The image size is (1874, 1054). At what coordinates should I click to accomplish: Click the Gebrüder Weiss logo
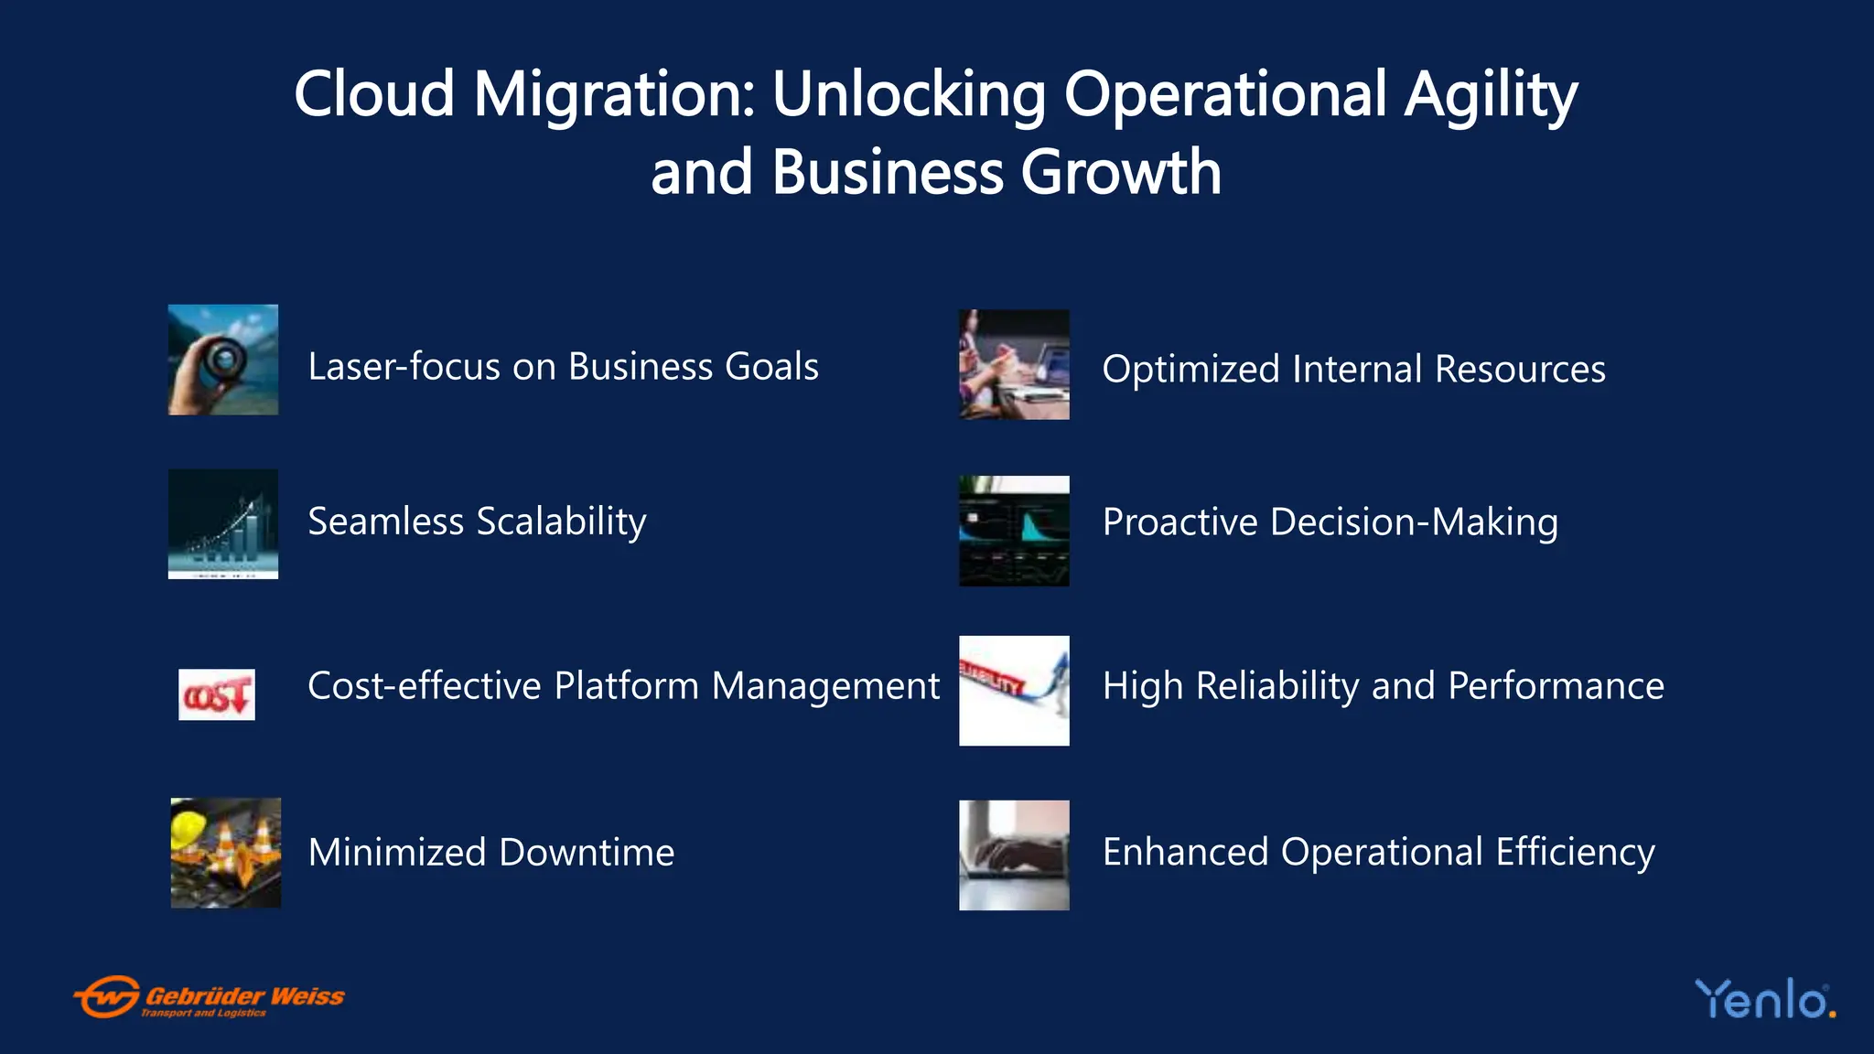coord(209,996)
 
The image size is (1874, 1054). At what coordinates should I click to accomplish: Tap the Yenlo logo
coord(1764,999)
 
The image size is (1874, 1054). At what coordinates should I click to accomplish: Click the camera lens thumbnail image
coord(223,360)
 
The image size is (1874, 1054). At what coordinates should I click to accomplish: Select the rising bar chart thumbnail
coord(223,524)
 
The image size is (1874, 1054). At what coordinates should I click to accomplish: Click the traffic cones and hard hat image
coord(226,853)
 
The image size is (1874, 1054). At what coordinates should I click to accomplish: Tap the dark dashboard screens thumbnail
coord(1014,531)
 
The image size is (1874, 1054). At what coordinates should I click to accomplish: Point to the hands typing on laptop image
coord(1014,855)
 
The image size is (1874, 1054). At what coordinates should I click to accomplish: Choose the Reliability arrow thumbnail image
coord(1014,691)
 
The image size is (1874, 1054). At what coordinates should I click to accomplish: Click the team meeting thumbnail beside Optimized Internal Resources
coord(1014,365)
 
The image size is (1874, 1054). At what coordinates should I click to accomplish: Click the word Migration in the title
coord(614,95)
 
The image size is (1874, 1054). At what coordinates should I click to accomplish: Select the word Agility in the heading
coord(1491,95)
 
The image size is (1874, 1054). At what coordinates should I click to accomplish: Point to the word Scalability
coord(561,522)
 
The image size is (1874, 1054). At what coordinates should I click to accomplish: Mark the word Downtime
coord(587,853)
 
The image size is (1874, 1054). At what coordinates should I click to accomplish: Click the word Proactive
coord(1180,522)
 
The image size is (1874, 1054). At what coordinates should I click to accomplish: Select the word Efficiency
coord(1575,853)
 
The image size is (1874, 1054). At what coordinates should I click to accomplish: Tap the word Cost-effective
coord(425,686)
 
